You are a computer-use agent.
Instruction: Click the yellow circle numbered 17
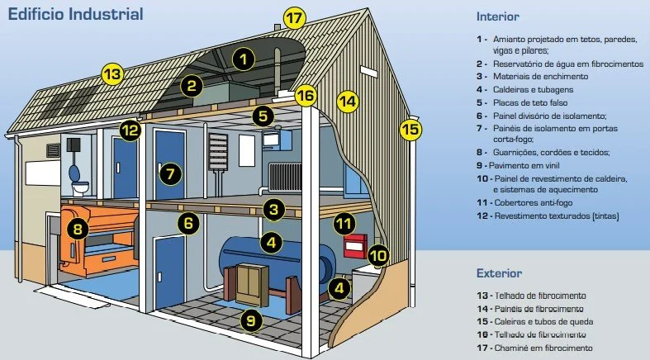coord(295,17)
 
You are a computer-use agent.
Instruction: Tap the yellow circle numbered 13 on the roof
coord(112,73)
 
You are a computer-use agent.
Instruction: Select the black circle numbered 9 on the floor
coord(250,319)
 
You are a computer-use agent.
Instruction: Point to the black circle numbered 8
coord(78,230)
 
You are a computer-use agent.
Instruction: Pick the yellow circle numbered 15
coord(410,129)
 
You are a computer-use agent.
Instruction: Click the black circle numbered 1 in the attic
coord(243,58)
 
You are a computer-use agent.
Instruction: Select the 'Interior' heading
coord(498,17)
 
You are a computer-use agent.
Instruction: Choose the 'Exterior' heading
coord(500,273)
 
